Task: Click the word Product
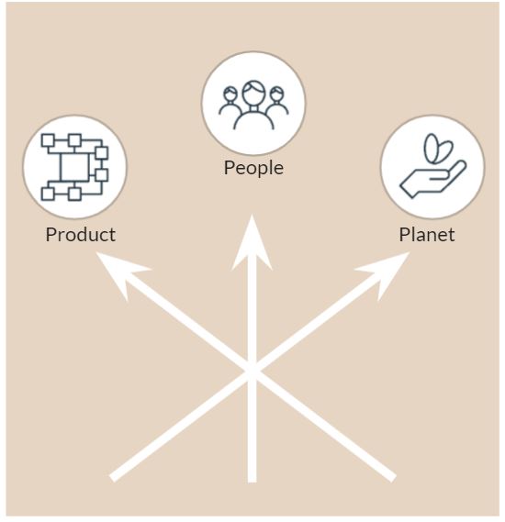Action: point(81,235)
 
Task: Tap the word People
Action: point(253,168)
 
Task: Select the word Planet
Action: point(427,235)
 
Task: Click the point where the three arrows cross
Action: point(252,371)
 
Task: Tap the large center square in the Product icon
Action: point(75,167)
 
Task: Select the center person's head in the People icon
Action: point(253,94)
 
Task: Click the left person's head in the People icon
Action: point(230,94)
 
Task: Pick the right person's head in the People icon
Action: point(276,94)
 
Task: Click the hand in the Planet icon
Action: point(433,180)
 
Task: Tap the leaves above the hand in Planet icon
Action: point(438,148)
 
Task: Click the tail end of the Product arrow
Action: point(393,479)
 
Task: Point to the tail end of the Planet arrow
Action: point(113,478)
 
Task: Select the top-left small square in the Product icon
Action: point(48,140)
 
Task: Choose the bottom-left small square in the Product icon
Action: point(48,194)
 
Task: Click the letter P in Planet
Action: point(404,235)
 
